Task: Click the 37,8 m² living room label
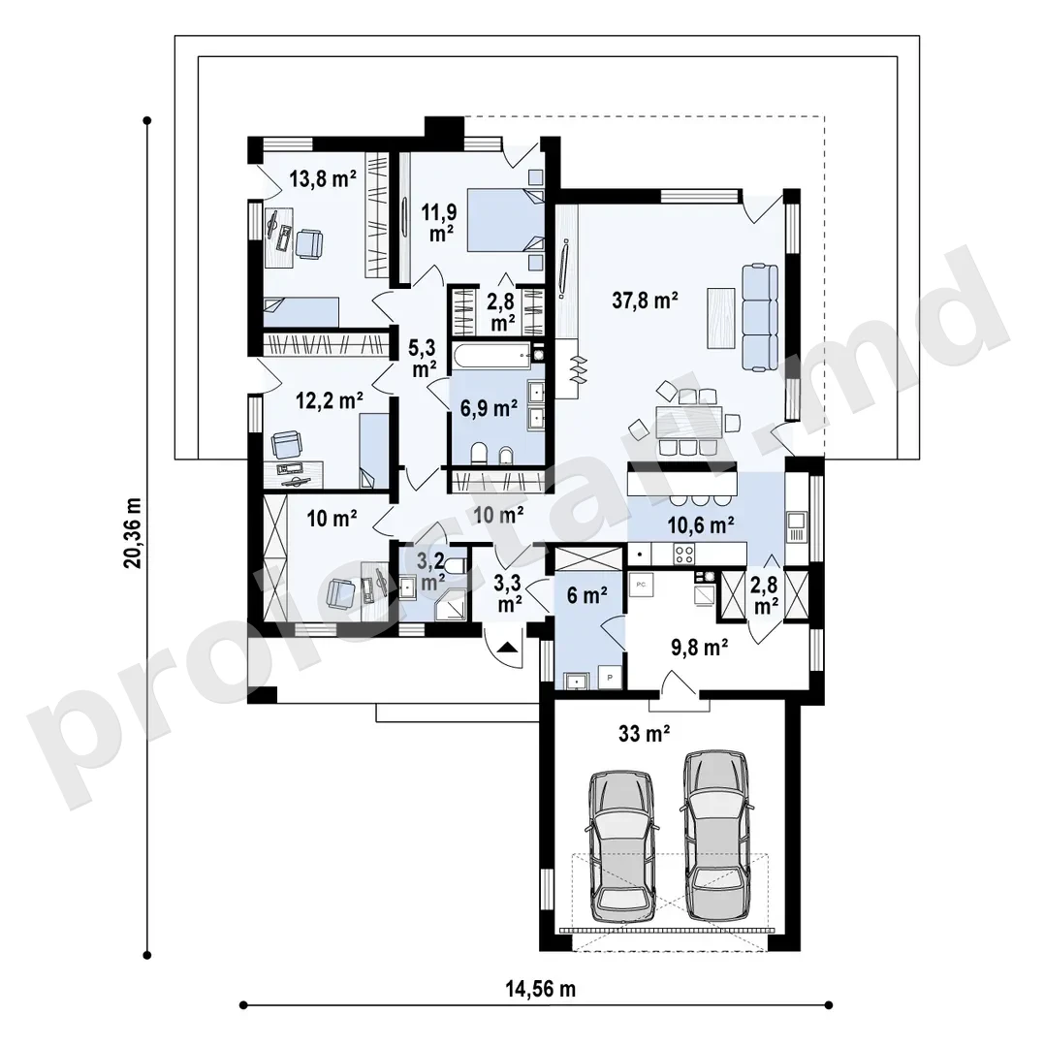[645, 301]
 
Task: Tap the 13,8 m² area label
[323, 178]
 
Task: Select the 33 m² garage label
[645, 734]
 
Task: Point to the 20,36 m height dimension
[133, 532]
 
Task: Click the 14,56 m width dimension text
[540, 988]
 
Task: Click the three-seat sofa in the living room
[760, 318]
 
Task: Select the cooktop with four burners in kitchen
[683, 554]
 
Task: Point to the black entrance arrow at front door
[507, 647]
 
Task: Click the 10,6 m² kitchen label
[701, 524]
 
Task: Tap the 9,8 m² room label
[699, 647]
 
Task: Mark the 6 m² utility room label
[586, 595]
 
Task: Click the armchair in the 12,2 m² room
[287, 444]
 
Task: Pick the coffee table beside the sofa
[721, 317]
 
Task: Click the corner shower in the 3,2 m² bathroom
[449, 605]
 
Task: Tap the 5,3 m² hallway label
[424, 359]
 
